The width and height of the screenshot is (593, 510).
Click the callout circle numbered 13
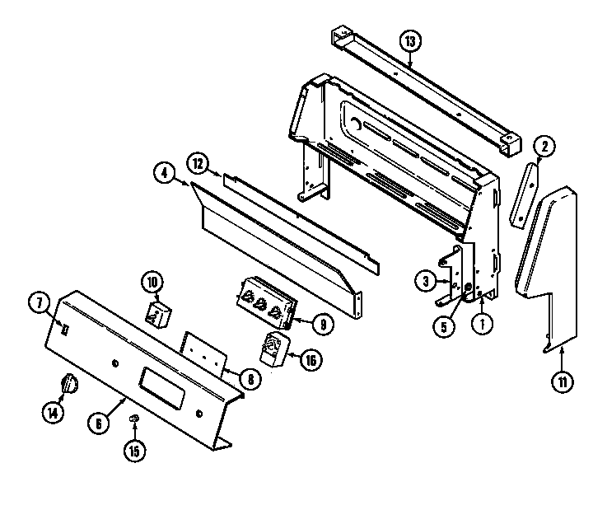(x=410, y=40)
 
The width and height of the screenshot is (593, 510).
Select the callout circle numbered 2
(x=543, y=147)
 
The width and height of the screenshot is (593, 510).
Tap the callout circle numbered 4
(x=164, y=173)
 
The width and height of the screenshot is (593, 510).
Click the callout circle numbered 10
(x=152, y=280)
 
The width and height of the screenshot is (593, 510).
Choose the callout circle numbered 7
(x=38, y=302)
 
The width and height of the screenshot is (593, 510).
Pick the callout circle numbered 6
(x=98, y=423)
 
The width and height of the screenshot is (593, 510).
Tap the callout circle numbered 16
(x=310, y=361)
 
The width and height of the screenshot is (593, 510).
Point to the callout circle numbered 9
(x=323, y=324)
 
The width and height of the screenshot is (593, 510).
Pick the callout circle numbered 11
(x=562, y=381)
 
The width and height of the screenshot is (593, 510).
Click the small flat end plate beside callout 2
(x=521, y=194)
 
